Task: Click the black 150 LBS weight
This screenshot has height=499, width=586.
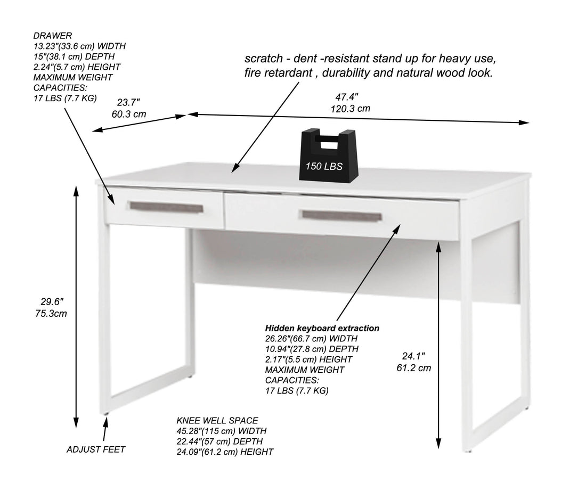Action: (x=324, y=160)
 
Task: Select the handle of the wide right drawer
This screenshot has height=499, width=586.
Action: (x=341, y=215)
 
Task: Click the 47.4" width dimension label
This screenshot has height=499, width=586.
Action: (x=347, y=97)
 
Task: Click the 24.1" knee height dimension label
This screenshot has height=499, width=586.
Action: (x=413, y=355)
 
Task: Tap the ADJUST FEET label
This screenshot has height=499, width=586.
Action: (x=96, y=449)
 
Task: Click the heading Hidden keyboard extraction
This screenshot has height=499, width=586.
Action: (x=322, y=328)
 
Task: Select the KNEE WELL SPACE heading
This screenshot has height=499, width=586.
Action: (x=217, y=421)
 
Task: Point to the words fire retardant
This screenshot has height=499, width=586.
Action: (x=277, y=73)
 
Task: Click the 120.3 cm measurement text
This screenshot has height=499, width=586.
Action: (x=350, y=108)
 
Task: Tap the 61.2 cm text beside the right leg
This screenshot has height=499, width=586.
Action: (x=413, y=367)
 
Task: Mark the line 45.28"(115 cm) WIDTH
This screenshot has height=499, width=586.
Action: (x=222, y=431)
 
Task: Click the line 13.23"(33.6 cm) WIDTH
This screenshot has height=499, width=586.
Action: (x=79, y=46)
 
